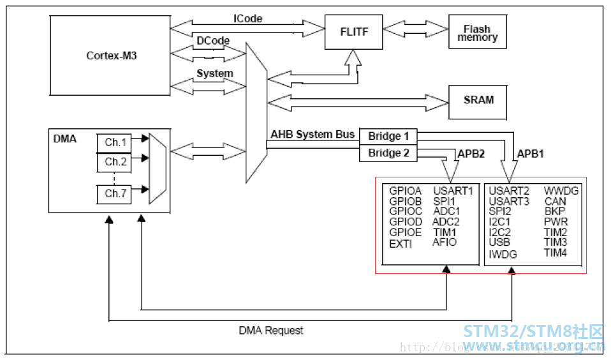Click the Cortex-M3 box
point(112,56)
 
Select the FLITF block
point(353,31)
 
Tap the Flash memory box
point(477,33)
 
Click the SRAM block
point(478,100)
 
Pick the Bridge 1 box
point(388,136)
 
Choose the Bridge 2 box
point(388,153)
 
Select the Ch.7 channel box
point(116,194)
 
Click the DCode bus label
point(213,41)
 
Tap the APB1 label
point(531,154)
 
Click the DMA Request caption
point(271,331)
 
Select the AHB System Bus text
point(312,135)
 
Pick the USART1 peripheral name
point(453,191)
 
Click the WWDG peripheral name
point(561,191)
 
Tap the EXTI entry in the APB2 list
point(401,244)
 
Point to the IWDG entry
point(503,254)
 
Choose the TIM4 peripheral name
point(555,253)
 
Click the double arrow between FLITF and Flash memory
point(415,30)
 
